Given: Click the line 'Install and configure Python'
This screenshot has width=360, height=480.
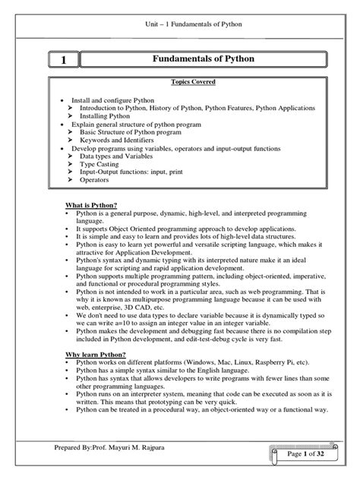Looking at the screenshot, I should [x=112, y=100].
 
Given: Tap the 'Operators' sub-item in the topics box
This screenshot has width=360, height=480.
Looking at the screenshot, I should [x=95, y=180].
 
